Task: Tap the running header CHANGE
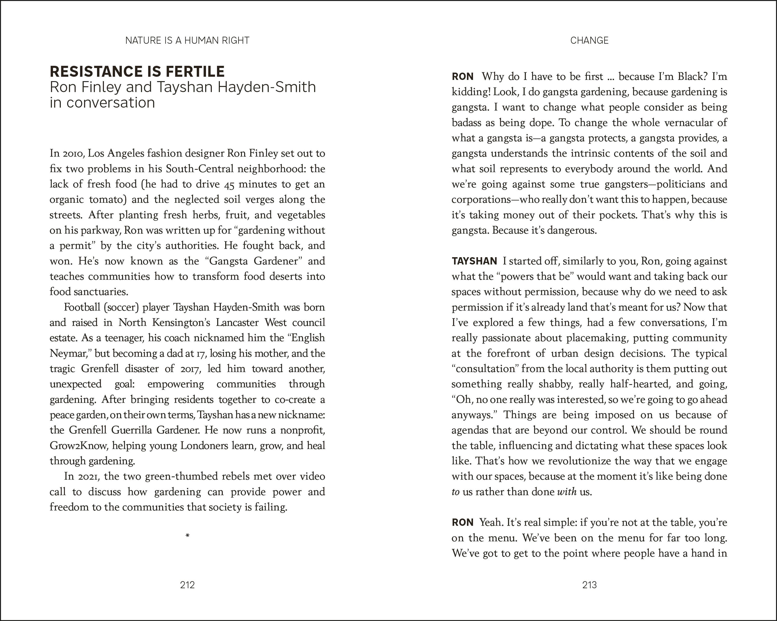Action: pyautogui.click(x=589, y=40)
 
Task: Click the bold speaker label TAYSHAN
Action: pyautogui.click(x=474, y=261)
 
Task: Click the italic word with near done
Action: pyautogui.click(x=567, y=492)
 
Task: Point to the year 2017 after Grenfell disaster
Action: pyautogui.click(x=188, y=369)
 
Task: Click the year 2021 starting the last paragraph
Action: pyautogui.click(x=87, y=476)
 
